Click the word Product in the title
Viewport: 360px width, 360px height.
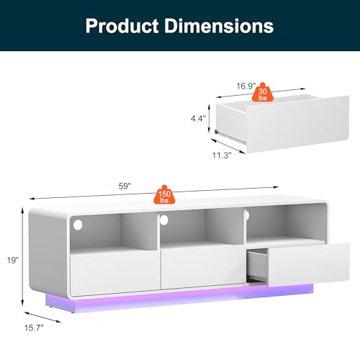[x=122, y=26]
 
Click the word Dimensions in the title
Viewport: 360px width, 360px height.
[x=219, y=26]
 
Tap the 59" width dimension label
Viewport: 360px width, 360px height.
[x=125, y=186]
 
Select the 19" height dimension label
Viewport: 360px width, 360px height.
[x=12, y=260]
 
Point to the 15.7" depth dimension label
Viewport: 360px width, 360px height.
[x=34, y=328]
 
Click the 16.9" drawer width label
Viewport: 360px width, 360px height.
[x=246, y=86]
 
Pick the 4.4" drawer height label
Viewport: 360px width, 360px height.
[x=198, y=118]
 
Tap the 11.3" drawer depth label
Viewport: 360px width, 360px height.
[x=222, y=156]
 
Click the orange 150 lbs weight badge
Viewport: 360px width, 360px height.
[x=164, y=195]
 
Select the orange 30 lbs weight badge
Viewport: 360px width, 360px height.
[x=263, y=93]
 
